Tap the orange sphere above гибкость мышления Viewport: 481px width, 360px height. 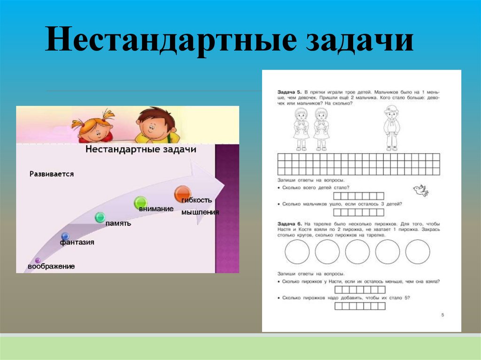click(x=182, y=193)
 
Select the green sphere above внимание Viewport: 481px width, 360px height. click(x=140, y=202)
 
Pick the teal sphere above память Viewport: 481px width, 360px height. click(x=100, y=217)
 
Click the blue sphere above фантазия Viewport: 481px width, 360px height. click(x=65, y=236)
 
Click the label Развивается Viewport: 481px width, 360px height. click(x=52, y=174)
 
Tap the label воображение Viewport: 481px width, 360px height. click(x=51, y=267)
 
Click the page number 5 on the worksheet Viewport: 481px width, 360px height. click(x=442, y=315)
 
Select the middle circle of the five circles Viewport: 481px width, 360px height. click(x=357, y=252)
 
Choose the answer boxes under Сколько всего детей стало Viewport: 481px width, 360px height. click(x=359, y=196)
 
